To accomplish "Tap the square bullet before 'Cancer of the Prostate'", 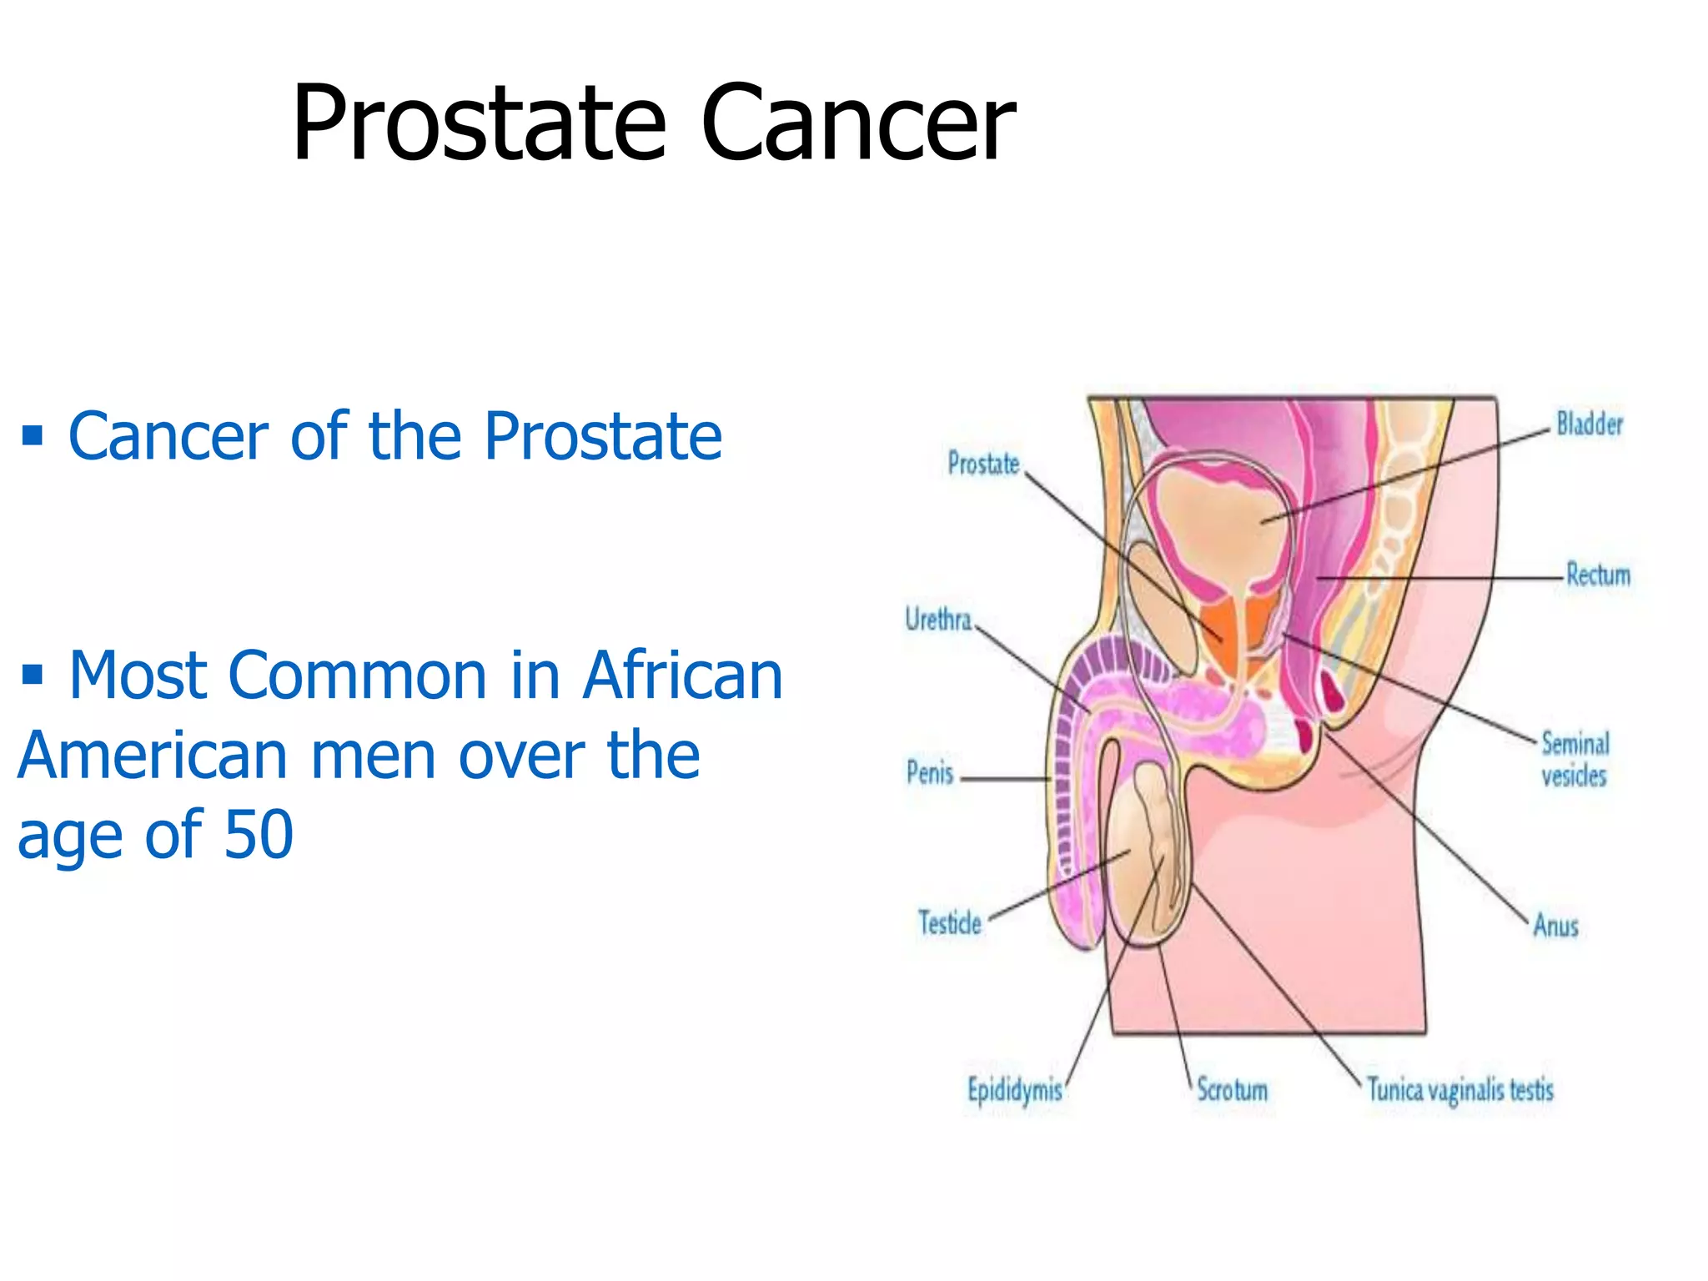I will click(x=33, y=435).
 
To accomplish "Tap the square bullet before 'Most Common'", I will click(x=33, y=673).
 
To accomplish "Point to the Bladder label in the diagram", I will click(x=1589, y=424).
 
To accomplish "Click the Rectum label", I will click(x=1597, y=575).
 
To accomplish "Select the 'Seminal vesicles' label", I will click(x=1574, y=759).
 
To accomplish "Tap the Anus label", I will click(x=1555, y=926).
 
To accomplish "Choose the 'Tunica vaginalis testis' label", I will click(x=1460, y=1090).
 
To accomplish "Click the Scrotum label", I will click(x=1232, y=1089).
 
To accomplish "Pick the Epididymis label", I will click(x=1014, y=1090).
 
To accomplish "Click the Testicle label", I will click(x=950, y=923).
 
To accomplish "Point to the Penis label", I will click(x=930, y=773).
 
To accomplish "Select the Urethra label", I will click(x=938, y=620).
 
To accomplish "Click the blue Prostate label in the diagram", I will click(x=983, y=464).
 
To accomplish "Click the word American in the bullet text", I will click(x=153, y=755).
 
